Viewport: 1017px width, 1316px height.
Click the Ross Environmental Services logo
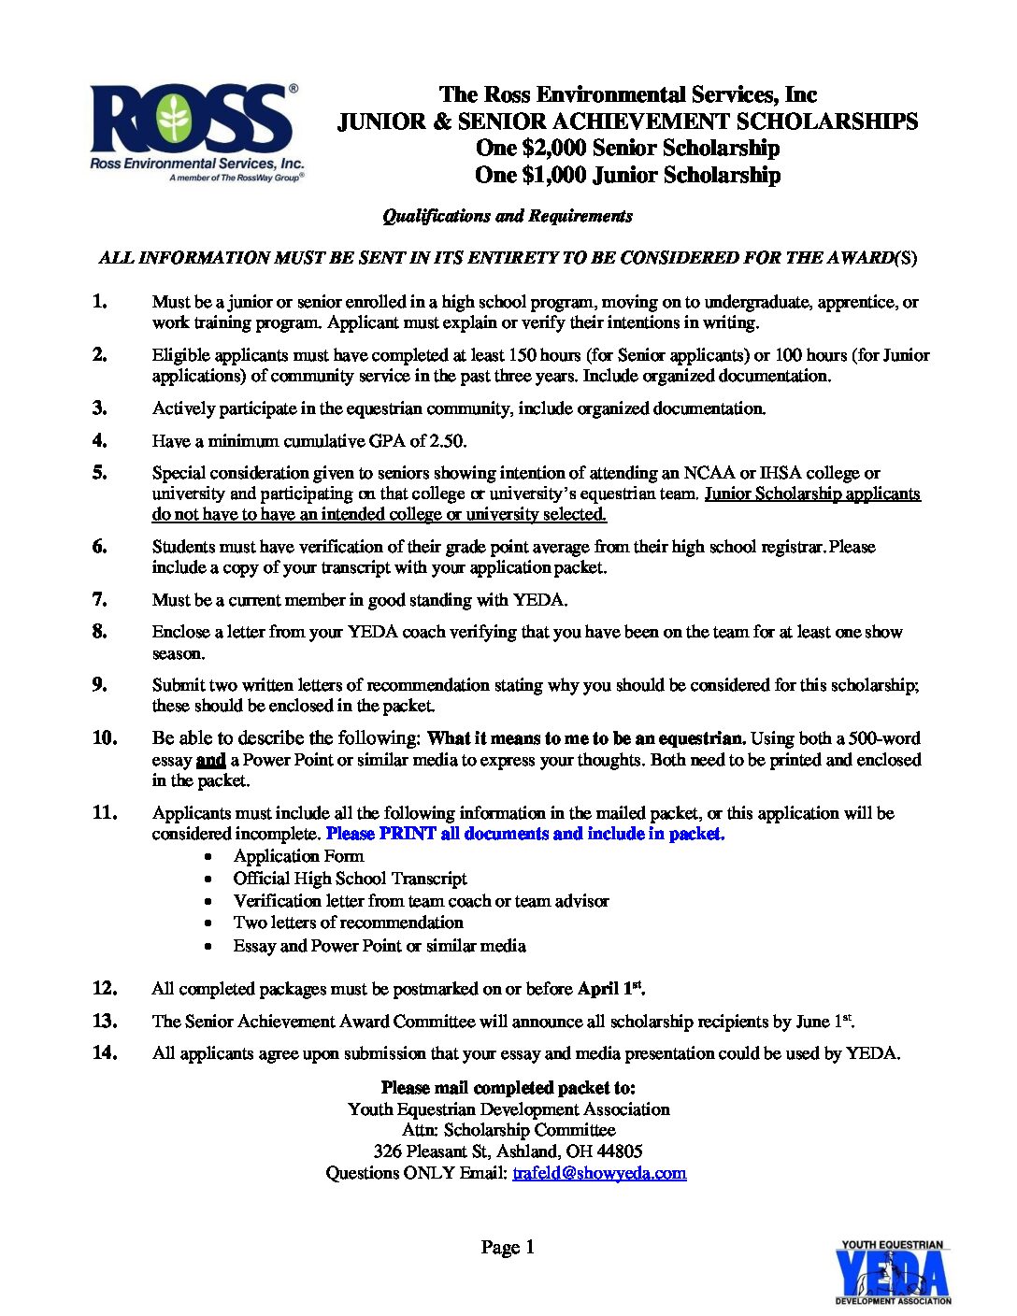click(195, 132)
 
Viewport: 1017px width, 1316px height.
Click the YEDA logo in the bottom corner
click(892, 1272)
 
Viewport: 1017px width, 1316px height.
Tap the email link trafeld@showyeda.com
click(599, 1173)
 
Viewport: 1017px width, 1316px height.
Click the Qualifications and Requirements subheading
click(508, 217)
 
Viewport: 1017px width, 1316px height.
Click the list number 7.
click(100, 599)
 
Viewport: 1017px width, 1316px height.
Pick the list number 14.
click(105, 1052)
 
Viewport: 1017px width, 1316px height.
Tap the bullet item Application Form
click(298, 856)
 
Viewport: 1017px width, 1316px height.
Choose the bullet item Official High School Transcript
click(350, 879)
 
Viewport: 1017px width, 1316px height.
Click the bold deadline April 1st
click(610, 988)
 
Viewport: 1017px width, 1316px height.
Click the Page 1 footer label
click(508, 1247)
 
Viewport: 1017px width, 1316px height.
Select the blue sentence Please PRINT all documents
click(524, 834)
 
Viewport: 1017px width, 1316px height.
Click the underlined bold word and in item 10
click(211, 760)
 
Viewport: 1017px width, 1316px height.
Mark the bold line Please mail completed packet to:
click(508, 1088)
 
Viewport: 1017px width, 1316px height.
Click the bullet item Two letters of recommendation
click(348, 923)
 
